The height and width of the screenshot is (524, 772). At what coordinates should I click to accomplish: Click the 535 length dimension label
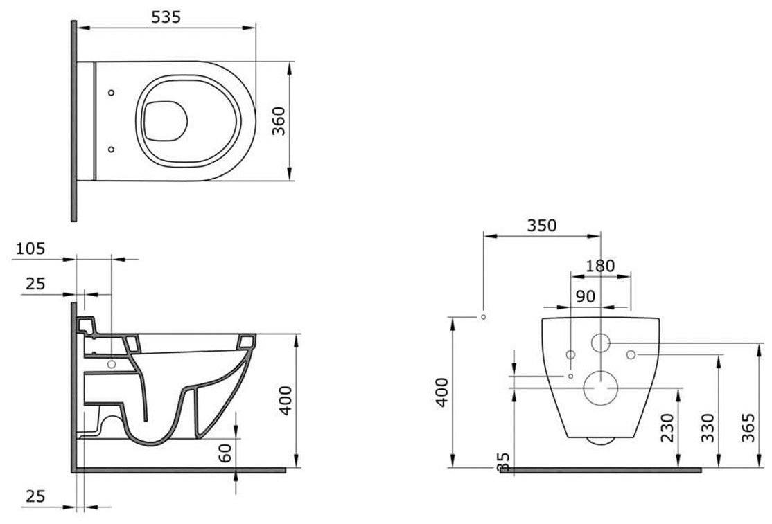pyautogui.click(x=166, y=17)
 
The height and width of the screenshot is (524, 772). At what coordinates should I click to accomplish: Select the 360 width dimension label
pyautogui.click(x=279, y=121)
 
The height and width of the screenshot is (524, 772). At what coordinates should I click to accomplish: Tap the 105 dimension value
pyautogui.click(x=30, y=249)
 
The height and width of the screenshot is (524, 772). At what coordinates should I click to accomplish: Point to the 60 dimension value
pyautogui.click(x=225, y=453)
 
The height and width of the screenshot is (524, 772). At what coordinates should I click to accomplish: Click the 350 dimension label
pyautogui.click(x=542, y=226)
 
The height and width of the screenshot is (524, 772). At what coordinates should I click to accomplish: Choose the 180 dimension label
pyautogui.click(x=600, y=266)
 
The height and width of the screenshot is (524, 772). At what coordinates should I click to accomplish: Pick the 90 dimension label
pyautogui.click(x=586, y=296)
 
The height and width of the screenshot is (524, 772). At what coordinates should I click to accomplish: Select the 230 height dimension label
pyautogui.click(x=667, y=428)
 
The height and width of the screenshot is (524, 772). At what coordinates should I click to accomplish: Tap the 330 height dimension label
pyautogui.click(x=708, y=428)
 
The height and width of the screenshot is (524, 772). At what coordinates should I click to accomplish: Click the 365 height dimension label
pyautogui.click(x=748, y=428)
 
